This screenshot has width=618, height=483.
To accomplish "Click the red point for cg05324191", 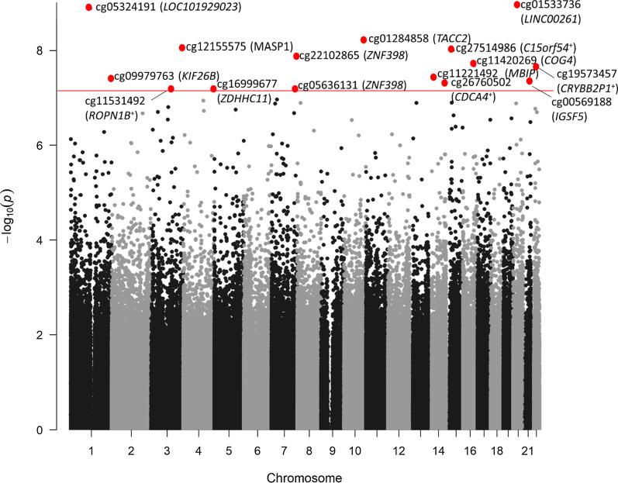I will point(89,7).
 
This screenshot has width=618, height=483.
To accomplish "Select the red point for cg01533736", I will point(517,5).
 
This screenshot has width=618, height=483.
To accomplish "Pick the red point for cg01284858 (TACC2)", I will point(364,40).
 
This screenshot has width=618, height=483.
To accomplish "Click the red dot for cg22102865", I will point(296,56).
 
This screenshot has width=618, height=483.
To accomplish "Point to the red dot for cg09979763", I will point(111,78).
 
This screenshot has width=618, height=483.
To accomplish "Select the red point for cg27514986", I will point(451,49).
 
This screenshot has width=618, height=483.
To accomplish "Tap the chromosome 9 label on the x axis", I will point(332,450).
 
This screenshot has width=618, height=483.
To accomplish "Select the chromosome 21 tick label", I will point(528,450).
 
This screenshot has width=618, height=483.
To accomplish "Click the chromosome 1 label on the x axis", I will point(91,450).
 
